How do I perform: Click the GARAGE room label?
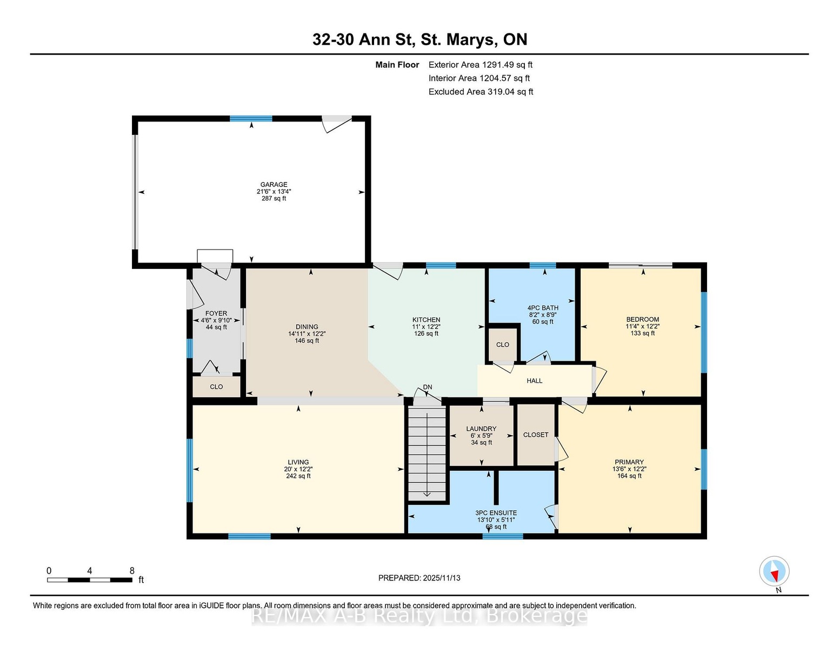(x=274, y=185)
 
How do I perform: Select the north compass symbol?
(x=774, y=571)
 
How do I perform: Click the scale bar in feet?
(x=90, y=580)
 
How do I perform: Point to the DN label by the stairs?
(x=428, y=387)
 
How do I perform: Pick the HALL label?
(x=534, y=381)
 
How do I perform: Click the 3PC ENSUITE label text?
(x=496, y=513)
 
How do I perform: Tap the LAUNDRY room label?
(x=481, y=429)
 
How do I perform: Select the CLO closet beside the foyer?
(x=216, y=387)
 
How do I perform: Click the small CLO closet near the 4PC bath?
(x=502, y=345)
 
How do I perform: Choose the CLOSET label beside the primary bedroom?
(x=536, y=435)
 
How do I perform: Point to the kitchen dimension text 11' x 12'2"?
(x=426, y=327)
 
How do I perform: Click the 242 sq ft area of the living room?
(x=298, y=476)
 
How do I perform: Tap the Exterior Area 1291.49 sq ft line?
(x=480, y=65)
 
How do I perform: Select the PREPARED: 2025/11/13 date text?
(x=419, y=578)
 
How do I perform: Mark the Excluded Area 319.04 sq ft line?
(x=481, y=92)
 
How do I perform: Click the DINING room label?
(x=307, y=327)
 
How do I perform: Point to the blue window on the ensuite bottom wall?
(x=503, y=536)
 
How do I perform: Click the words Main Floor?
(x=397, y=65)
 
